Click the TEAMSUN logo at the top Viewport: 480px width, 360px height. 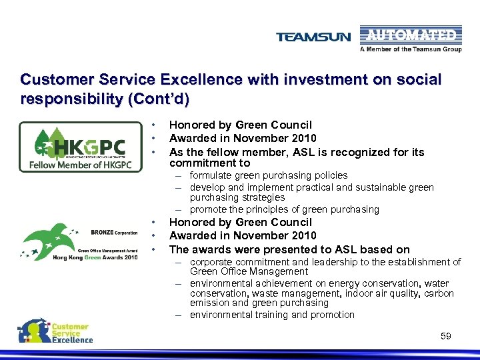(313, 37)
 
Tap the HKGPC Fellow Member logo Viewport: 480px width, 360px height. (80, 147)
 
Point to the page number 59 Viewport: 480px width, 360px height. (446, 336)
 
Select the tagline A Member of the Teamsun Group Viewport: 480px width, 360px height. (411, 49)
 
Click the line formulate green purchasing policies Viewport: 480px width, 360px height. (269, 175)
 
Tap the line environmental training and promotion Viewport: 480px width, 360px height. (272, 315)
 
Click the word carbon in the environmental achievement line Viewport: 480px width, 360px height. (440, 293)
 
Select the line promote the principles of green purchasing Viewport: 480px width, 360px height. (284, 209)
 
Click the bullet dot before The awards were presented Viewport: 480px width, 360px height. (154, 249)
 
